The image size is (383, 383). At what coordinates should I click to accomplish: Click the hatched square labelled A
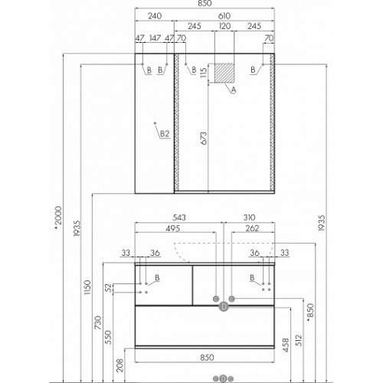(224, 73)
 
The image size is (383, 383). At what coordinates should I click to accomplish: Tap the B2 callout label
(165, 133)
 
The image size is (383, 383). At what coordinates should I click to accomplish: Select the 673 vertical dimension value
(204, 139)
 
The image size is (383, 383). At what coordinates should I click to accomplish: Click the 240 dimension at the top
(155, 16)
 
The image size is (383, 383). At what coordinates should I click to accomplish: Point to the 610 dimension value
(224, 16)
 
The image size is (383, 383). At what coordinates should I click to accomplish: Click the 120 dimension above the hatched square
(224, 26)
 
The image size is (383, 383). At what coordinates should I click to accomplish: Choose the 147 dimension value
(155, 38)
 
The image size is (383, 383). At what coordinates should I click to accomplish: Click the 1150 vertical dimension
(87, 287)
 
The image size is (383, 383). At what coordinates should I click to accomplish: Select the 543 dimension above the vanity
(179, 218)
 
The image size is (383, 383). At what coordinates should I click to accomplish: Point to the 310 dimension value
(249, 218)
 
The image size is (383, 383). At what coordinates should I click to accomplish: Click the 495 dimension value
(173, 228)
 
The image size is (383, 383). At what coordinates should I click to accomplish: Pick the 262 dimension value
(252, 228)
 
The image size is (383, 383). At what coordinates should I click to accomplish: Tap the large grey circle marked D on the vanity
(224, 306)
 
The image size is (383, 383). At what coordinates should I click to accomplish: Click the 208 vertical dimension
(120, 365)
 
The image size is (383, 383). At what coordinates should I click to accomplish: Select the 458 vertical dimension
(286, 345)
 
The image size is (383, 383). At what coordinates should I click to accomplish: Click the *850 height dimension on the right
(310, 313)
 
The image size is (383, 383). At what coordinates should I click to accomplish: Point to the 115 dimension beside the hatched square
(204, 73)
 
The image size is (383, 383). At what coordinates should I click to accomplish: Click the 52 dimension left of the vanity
(110, 288)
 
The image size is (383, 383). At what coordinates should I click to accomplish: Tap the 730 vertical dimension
(98, 322)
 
